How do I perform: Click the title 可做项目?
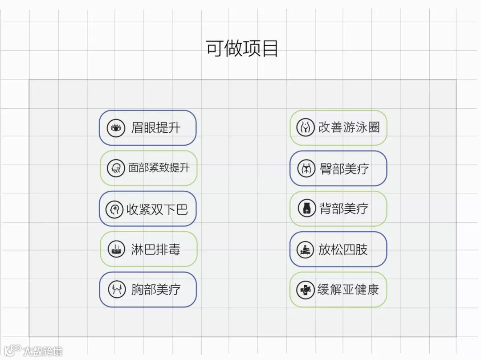(x=242, y=49)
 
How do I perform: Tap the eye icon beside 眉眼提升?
(x=116, y=128)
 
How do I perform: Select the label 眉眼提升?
(x=155, y=128)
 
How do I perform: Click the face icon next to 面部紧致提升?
(x=116, y=168)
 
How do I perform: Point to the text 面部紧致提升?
(x=159, y=168)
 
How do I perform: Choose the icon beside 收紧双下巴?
(x=114, y=209)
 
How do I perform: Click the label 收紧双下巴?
(x=157, y=209)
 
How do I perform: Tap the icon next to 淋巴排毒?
(x=116, y=249)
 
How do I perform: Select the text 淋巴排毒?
(x=155, y=249)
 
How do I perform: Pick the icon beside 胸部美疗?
(x=117, y=290)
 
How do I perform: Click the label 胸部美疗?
(x=155, y=290)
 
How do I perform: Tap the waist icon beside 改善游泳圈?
(x=306, y=127)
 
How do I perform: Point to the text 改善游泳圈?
(x=349, y=127)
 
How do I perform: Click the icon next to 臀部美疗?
(x=306, y=168)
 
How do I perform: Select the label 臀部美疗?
(x=344, y=168)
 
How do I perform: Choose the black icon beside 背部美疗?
(x=306, y=209)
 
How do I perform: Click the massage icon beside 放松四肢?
(x=306, y=250)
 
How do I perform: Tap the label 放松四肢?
(x=342, y=250)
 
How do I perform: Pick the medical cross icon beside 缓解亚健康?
(x=306, y=290)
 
